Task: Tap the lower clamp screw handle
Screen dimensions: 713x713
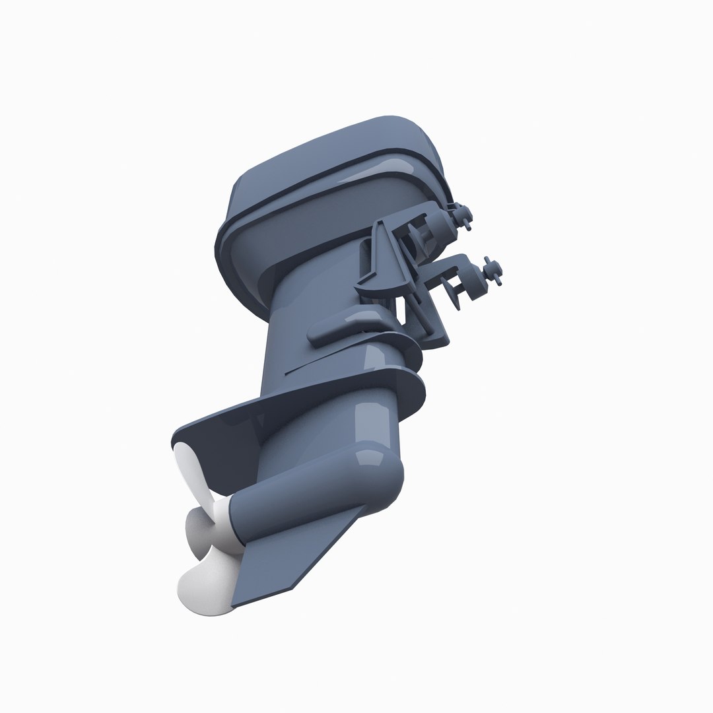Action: click(494, 270)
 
